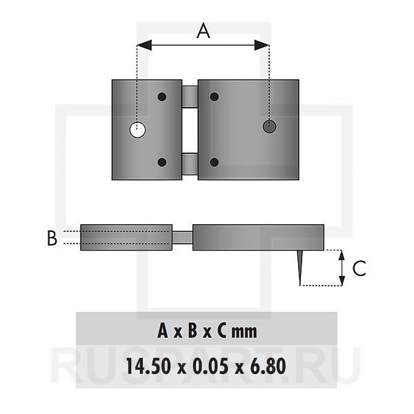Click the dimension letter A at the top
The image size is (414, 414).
click(x=204, y=30)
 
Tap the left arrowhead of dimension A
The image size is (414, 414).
click(x=144, y=45)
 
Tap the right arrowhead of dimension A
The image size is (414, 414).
click(x=262, y=45)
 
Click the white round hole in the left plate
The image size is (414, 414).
click(x=137, y=130)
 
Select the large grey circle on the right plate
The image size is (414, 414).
click(x=270, y=126)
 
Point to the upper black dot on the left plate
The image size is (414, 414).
click(x=162, y=97)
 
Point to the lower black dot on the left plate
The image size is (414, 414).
click(x=162, y=162)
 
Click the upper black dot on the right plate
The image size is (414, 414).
click(x=215, y=97)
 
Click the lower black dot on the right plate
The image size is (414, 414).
click(x=215, y=162)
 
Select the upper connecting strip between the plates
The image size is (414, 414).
click(x=190, y=97)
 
